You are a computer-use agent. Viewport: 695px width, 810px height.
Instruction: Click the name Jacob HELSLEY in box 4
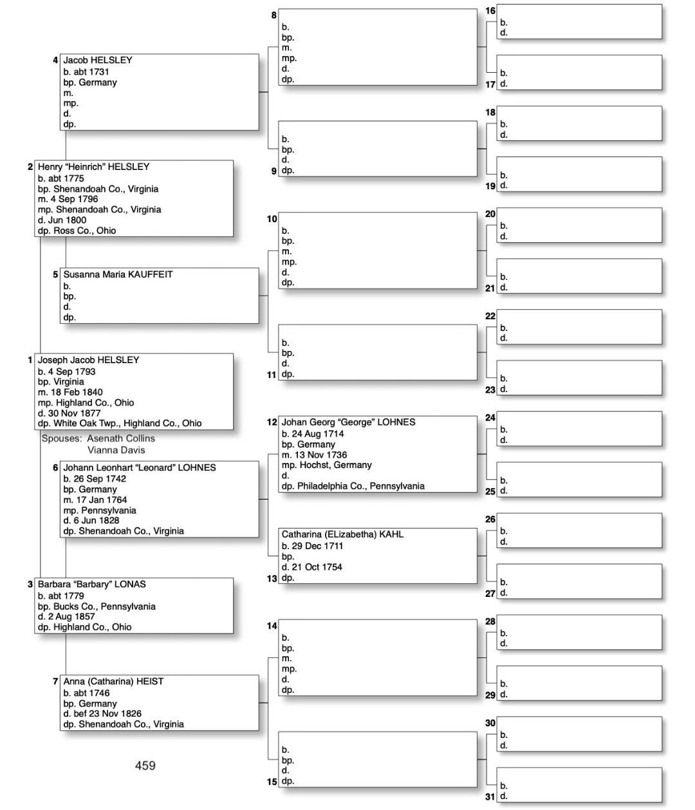(98, 61)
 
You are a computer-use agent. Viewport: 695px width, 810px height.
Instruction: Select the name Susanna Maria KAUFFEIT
(118, 274)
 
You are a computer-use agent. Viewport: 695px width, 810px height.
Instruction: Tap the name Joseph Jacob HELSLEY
(88, 360)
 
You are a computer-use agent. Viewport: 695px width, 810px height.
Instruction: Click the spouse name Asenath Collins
(122, 438)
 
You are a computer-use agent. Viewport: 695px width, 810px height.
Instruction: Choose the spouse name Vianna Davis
(116, 450)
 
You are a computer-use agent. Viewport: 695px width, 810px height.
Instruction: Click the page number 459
(145, 766)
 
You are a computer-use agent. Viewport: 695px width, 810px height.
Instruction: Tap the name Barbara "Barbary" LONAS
(91, 585)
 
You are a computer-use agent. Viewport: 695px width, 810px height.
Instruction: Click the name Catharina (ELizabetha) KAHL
(342, 534)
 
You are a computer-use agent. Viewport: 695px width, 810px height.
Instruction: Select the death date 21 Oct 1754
(317, 567)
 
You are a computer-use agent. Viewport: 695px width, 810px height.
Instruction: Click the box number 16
(490, 11)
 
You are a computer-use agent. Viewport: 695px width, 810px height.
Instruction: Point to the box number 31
(490, 797)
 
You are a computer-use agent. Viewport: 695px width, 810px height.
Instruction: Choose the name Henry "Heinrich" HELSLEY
(93, 167)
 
